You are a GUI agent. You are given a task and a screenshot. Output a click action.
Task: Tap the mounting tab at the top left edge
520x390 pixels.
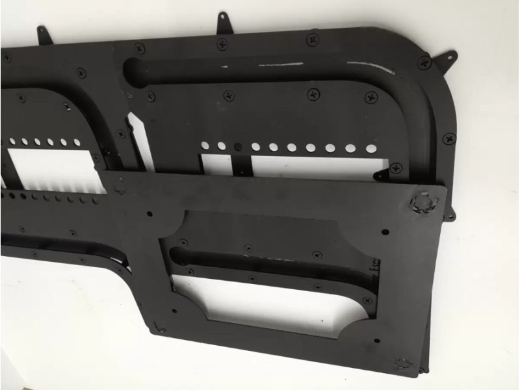[43, 32]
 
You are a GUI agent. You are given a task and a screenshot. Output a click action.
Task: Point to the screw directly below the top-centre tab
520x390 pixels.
[222, 44]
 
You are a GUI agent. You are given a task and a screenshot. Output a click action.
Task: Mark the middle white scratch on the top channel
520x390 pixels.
[281, 65]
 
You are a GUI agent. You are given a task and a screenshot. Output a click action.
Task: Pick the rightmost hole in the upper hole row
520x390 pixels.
[370, 148]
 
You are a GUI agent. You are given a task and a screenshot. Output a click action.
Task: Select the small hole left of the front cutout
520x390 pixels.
[149, 213]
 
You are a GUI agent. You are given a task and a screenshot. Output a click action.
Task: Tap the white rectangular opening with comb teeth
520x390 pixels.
[52, 170]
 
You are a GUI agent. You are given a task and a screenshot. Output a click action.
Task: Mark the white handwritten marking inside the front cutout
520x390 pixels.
[375, 266]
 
